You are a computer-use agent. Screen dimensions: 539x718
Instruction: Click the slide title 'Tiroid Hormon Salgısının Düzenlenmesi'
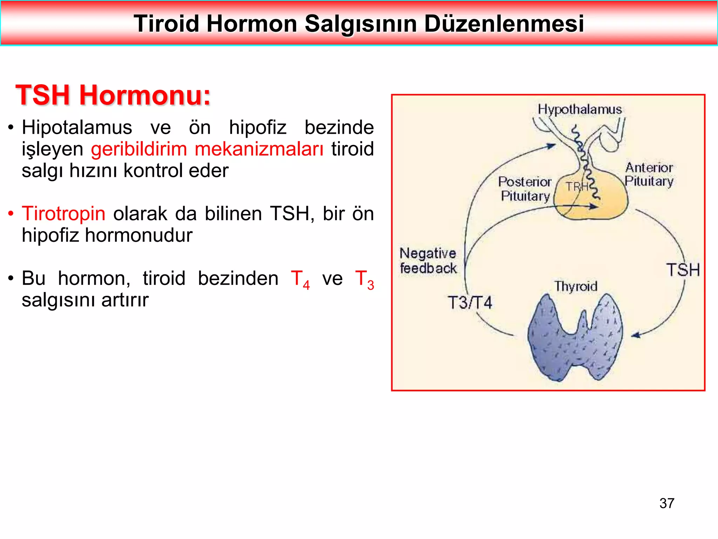click(x=359, y=24)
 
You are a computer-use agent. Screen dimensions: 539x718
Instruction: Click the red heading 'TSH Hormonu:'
click(x=113, y=95)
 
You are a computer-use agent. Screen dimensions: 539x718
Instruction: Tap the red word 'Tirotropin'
click(x=63, y=213)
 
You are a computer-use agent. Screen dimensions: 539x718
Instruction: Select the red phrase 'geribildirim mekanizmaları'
click(x=207, y=149)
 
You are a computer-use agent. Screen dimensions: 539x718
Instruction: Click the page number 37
click(x=666, y=503)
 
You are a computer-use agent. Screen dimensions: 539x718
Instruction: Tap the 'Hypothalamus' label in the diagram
click(x=580, y=109)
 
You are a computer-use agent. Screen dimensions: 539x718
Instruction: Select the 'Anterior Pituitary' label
click(x=649, y=174)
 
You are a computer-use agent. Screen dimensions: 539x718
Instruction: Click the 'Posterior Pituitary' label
click(x=525, y=189)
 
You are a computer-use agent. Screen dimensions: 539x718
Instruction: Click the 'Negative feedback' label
click(x=428, y=261)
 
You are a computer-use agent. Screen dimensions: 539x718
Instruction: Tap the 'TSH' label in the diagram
click(x=683, y=270)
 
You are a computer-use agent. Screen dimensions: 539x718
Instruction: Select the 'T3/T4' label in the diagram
click(x=470, y=302)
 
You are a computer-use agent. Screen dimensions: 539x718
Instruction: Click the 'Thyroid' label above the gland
click(x=576, y=286)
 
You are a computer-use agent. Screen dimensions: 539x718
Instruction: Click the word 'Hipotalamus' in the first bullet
click(x=77, y=127)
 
